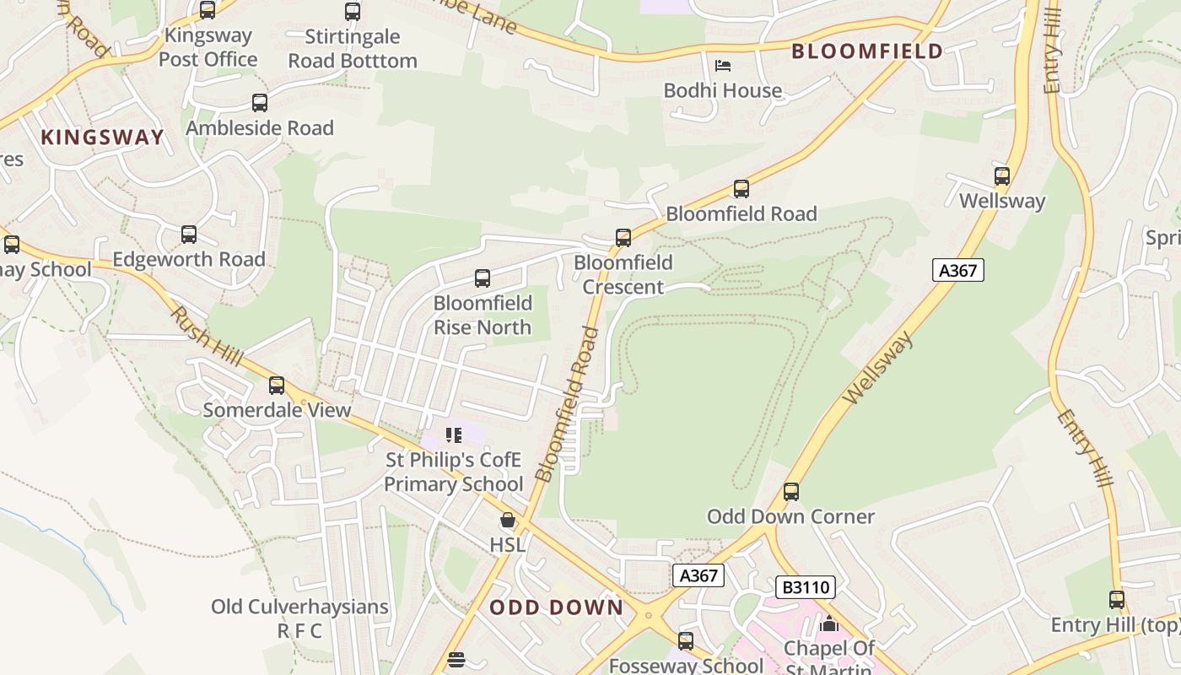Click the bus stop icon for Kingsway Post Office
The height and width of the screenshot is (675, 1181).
point(208,10)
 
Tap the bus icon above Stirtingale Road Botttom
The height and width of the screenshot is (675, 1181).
point(353,12)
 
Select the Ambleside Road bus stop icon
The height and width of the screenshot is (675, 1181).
point(260,103)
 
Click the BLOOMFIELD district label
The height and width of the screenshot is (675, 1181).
point(867,51)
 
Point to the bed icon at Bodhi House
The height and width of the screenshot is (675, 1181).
point(723,66)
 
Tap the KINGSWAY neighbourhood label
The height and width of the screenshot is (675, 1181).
point(102,138)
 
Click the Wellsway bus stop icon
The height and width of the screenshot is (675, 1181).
point(1002,176)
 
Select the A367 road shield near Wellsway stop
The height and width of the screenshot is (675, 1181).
point(958,270)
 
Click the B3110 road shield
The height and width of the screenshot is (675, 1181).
point(805,587)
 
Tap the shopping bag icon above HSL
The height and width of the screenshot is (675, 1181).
point(508,521)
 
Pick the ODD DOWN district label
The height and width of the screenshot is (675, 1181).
point(557,607)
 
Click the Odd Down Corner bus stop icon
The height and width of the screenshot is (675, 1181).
point(791,491)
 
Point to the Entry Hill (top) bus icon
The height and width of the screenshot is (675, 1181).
point(1117,600)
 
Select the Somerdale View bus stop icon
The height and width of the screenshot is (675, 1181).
point(277,386)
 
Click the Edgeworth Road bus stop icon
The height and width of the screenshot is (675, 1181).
point(189,235)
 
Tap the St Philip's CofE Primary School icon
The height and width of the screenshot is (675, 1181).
point(454,435)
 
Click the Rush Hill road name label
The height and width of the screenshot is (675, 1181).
point(195,332)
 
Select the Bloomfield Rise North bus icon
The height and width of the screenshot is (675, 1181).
point(483,278)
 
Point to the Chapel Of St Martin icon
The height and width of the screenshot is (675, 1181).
point(829,624)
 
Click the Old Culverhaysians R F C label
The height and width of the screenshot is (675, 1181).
point(299,618)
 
